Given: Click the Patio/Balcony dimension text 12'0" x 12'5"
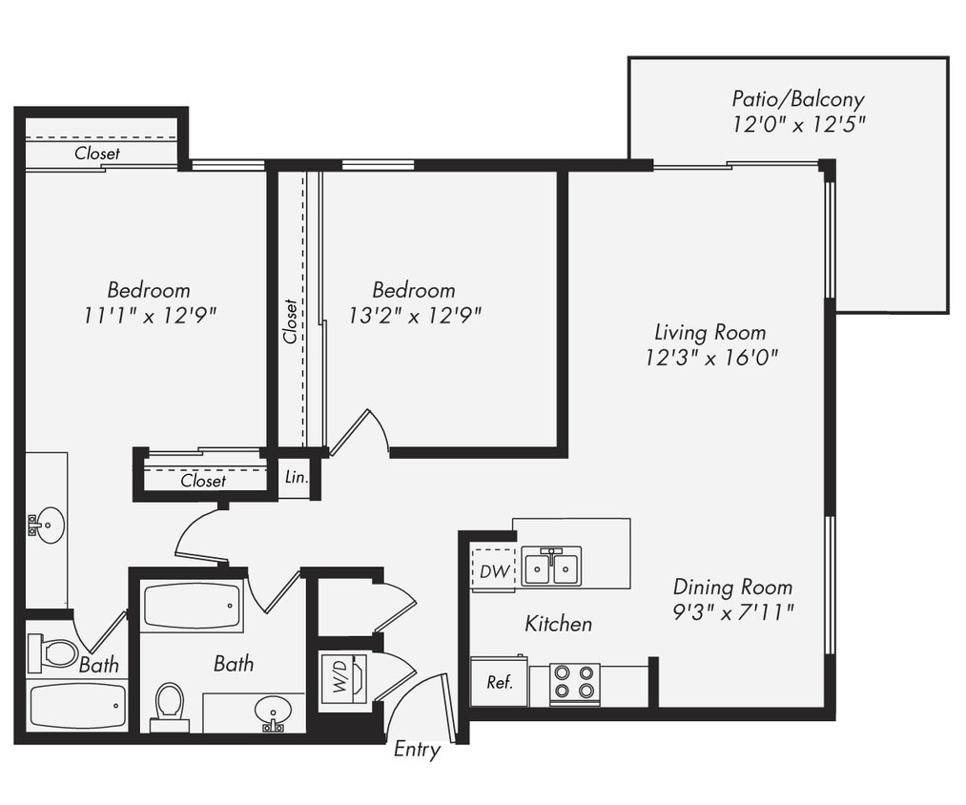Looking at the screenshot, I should click(798, 124).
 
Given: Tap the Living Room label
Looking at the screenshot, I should click(709, 332).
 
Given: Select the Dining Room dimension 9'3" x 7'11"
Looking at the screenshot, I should click(732, 611).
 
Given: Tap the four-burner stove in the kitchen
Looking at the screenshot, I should click(574, 683).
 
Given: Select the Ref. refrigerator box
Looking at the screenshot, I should click(499, 683).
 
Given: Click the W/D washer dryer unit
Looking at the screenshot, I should click(340, 678).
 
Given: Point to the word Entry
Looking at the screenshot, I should click(417, 750).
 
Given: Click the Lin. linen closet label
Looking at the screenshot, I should click(297, 478).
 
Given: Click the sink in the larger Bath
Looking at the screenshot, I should click(274, 712).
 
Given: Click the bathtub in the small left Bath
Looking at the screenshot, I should click(76, 706).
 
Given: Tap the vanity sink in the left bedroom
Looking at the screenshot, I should click(47, 524).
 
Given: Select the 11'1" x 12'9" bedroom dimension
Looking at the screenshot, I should click(148, 315).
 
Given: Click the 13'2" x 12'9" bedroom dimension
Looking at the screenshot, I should click(414, 315).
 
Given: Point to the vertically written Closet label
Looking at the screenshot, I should click(290, 321).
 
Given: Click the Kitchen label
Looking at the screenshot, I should click(558, 624).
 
